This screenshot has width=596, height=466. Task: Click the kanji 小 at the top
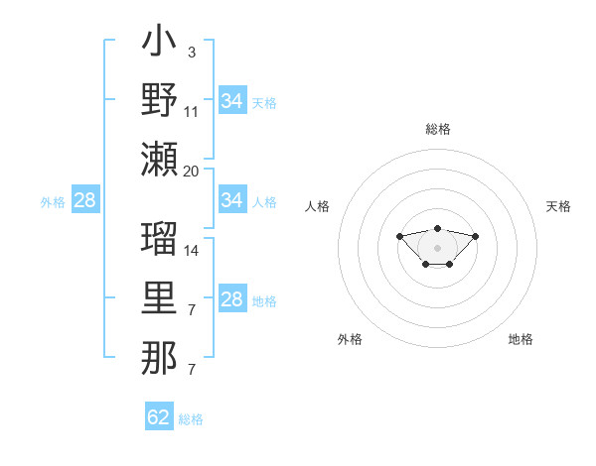(x=159, y=45)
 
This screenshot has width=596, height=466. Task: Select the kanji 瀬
(x=159, y=159)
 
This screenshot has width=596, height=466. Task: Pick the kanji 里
(x=159, y=298)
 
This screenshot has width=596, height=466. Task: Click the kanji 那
(x=159, y=357)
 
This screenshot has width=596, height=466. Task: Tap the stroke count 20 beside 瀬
(x=191, y=171)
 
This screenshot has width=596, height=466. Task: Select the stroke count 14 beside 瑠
(x=191, y=250)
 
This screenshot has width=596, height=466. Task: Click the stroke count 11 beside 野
(x=191, y=112)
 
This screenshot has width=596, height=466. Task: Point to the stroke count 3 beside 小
(x=191, y=53)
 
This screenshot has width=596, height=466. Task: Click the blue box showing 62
(x=159, y=417)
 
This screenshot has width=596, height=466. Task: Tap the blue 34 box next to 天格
(x=232, y=100)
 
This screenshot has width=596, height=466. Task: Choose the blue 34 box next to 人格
(x=232, y=200)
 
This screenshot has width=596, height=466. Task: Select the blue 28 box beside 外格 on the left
(x=85, y=200)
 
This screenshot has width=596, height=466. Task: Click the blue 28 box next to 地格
(x=232, y=299)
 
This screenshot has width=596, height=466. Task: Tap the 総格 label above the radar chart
(x=437, y=129)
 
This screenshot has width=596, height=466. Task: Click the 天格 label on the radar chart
(x=558, y=206)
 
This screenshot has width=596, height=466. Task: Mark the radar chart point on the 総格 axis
(x=437, y=228)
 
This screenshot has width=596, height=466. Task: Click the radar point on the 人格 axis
(x=399, y=236)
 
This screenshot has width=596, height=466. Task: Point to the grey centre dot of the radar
(x=437, y=248)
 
